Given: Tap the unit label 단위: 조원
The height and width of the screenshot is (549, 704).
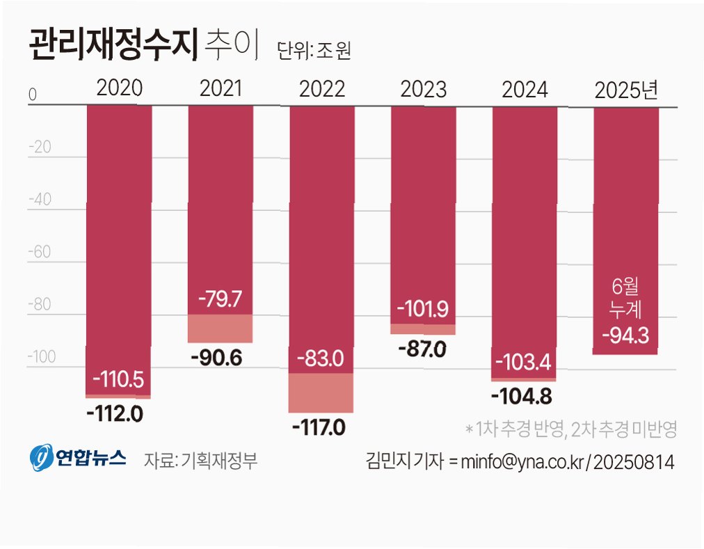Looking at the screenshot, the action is [x=313, y=50].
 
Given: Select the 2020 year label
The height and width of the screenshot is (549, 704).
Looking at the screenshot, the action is [x=120, y=88].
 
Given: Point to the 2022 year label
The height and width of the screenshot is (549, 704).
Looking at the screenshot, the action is [x=322, y=89].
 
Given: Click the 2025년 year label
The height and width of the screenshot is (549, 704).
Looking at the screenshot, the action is [x=626, y=90].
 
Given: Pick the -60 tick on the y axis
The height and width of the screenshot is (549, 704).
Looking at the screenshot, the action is [x=40, y=252].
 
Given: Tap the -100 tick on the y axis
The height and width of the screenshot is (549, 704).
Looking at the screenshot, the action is [x=41, y=357].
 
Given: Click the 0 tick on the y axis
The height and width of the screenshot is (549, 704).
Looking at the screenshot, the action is [x=32, y=95].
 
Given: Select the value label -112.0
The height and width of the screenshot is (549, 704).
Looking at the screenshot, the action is [x=115, y=413].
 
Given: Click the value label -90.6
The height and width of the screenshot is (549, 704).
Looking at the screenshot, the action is [x=216, y=358].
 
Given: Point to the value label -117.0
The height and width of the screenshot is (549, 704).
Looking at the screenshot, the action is [x=319, y=427].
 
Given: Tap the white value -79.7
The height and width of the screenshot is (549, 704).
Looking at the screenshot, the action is [x=220, y=299].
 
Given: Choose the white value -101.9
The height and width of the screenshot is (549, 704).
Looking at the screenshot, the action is [x=422, y=309].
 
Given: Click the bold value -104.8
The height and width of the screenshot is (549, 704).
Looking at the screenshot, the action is [x=522, y=396].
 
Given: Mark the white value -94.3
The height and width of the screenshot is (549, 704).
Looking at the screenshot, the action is [x=625, y=335].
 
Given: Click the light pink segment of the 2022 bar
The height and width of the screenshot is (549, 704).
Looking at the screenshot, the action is [x=321, y=392].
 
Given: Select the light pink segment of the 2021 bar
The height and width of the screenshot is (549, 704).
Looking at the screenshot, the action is [x=220, y=328].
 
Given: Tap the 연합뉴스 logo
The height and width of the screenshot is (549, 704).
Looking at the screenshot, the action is [x=78, y=457].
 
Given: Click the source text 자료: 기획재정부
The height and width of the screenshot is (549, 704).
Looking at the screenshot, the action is [x=200, y=461].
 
